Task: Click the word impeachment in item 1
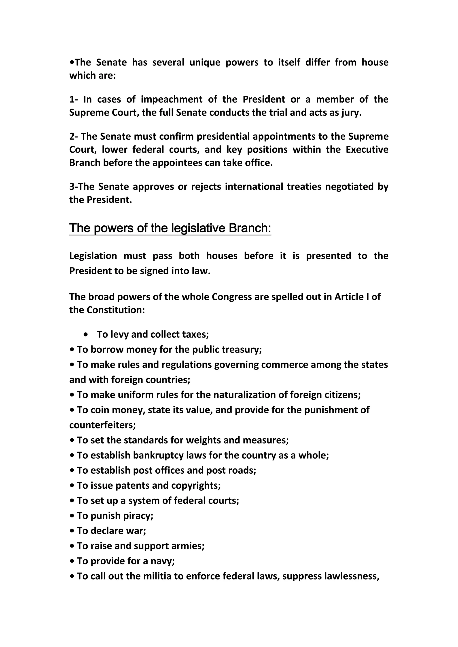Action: pyautogui.click(x=172, y=99)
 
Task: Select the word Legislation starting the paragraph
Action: pyautogui.click(x=93, y=256)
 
